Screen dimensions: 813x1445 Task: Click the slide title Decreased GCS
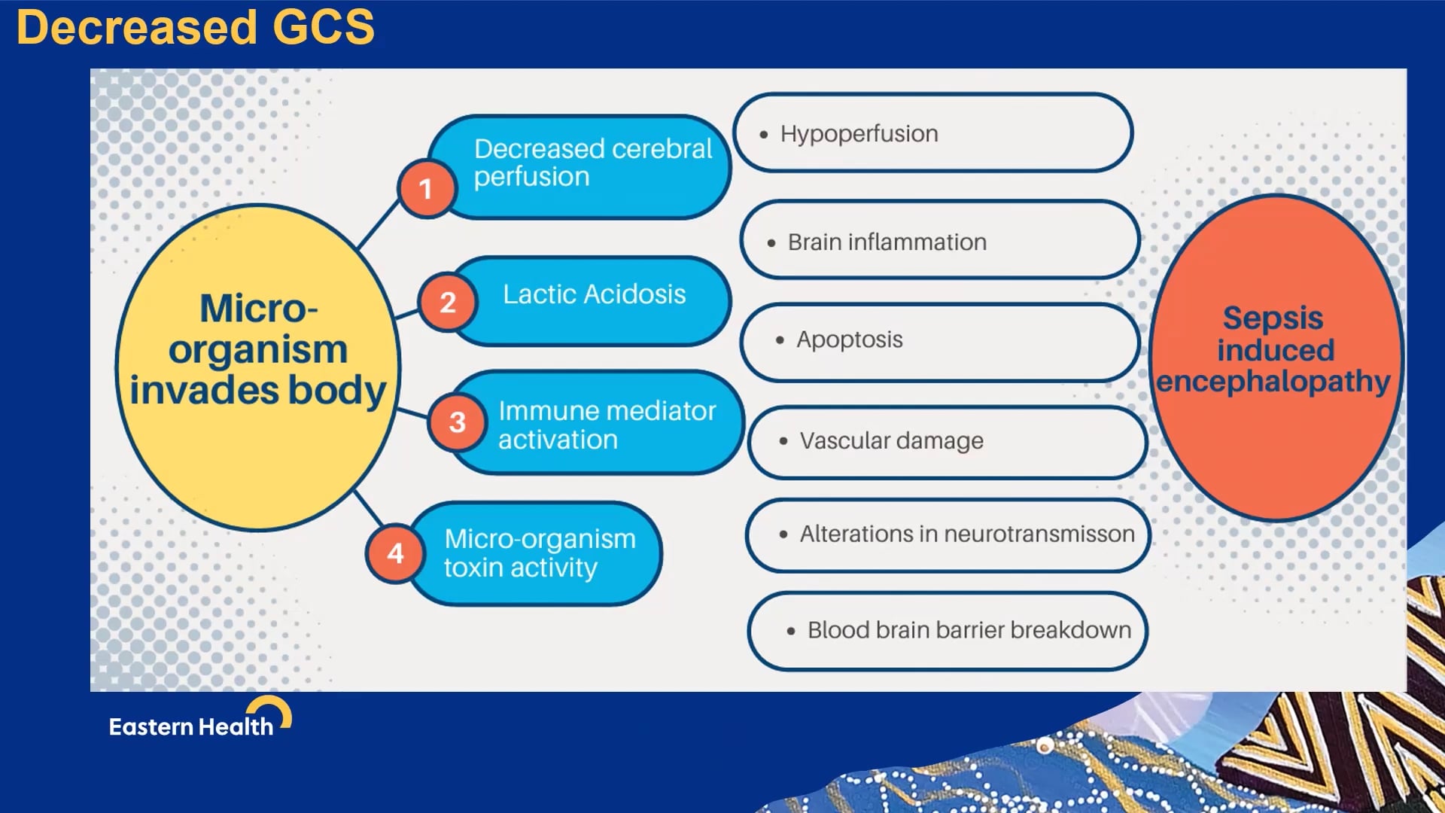pos(195,27)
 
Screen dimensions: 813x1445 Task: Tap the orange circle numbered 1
pos(426,189)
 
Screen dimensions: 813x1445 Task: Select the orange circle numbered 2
pos(448,303)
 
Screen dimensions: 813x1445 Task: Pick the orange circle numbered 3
pos(457,422)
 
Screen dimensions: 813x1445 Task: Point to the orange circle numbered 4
pos(395,554)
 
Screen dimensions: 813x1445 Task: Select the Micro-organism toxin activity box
pos(539,553)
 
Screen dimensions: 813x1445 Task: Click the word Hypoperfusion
pos(859,134)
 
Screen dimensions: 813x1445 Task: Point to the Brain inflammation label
pos(887,242)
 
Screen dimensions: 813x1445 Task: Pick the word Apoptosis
pos(849,340)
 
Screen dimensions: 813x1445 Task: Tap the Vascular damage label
pos(891,441)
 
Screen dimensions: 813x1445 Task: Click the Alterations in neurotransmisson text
pos(966,534)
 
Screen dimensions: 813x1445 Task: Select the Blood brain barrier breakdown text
pos(969,630)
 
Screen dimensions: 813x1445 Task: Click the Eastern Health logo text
pos(190,727)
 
